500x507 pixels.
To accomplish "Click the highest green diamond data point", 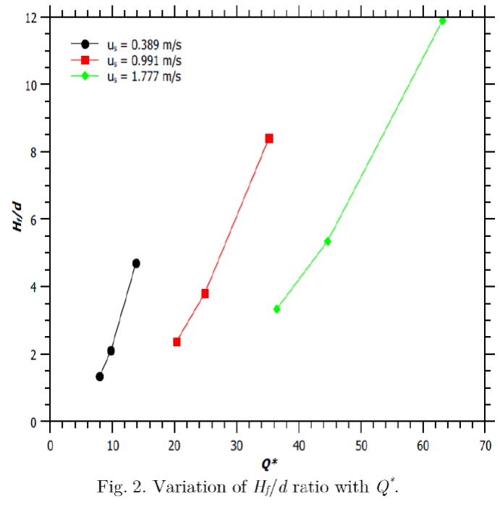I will pyautogui.click(x=443, y=21).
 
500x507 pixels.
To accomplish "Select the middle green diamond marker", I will pyautogui.click(x=328, y=241).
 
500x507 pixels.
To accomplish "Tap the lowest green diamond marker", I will pyautogui.click(x=276, y=309).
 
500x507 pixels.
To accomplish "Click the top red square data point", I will pyautogui.click(x=269, y=138).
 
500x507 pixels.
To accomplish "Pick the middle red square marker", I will pyautogui.click(x=205, y=293).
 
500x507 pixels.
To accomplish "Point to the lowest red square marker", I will pyautogui.click(x=177, y=342).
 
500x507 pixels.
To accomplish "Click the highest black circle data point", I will pyautogui.click(x=136, y=263).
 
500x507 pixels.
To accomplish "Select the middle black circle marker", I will pyautogui.click(x=111, y=351).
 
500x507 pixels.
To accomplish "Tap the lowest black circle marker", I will pyautogui.click(x=100, y=377).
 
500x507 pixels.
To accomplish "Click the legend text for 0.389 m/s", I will pyautogui.click(x=144, y=45).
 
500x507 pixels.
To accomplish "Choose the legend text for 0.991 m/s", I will pyautogui.click(x=144, y=60).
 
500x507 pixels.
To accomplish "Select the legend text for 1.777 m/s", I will pyautogui.click(x=144, y=76).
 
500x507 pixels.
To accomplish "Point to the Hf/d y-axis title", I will pyautogui.click(x=18, y=217).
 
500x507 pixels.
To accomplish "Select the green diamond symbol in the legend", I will pyautogui.click(x=85, y=76).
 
